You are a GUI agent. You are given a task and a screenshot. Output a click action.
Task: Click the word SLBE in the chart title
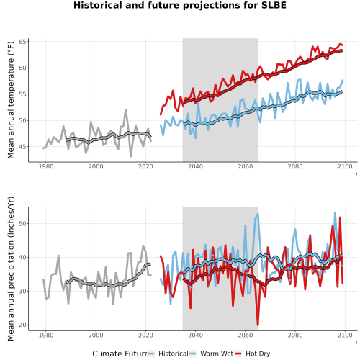pos(274,5)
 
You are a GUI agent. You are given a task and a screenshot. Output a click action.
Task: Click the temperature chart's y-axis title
pos(11,100)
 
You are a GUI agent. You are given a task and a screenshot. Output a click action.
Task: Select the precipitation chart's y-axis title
pos(11,269)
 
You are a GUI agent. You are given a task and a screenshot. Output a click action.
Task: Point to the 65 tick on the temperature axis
pos(22,42)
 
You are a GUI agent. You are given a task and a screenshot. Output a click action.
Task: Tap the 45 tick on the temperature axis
pos(22,147)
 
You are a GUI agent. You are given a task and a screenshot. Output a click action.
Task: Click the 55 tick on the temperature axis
pos(22,94)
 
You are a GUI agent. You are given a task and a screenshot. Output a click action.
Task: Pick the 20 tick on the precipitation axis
pos(22,325)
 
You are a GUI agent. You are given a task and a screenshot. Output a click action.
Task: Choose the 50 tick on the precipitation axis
pos(22,224)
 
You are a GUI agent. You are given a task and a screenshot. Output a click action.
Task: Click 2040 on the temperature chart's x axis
pos(195,166)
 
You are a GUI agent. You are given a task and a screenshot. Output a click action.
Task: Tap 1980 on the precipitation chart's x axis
pos(46,335)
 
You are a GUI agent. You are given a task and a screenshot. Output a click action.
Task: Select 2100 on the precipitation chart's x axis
pos(345,335)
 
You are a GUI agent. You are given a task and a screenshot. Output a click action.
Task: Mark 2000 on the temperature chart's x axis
pos(96,166)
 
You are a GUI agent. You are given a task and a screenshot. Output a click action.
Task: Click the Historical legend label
pos(174,354)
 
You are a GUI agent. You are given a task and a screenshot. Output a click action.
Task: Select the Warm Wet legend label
pos(217,354)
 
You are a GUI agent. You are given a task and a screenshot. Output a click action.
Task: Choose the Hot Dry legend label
pos(258,354)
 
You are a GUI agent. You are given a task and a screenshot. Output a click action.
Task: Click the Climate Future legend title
pos(120,354)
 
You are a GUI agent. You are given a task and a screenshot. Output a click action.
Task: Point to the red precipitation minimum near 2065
pos(258,325)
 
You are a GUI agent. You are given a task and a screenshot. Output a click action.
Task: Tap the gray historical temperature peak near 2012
pos(125,110)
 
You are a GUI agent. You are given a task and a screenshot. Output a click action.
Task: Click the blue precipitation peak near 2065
pos(258,214)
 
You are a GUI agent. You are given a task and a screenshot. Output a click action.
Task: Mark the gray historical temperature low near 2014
pos(130,156)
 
